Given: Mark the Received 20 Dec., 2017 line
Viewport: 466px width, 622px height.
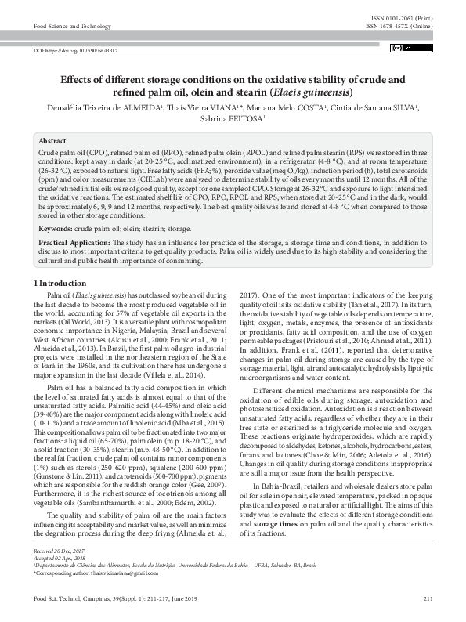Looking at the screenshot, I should (60, 574).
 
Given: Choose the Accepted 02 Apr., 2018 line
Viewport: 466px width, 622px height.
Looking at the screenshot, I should (60, 580).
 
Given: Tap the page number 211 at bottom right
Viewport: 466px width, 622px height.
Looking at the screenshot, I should (428, 610).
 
